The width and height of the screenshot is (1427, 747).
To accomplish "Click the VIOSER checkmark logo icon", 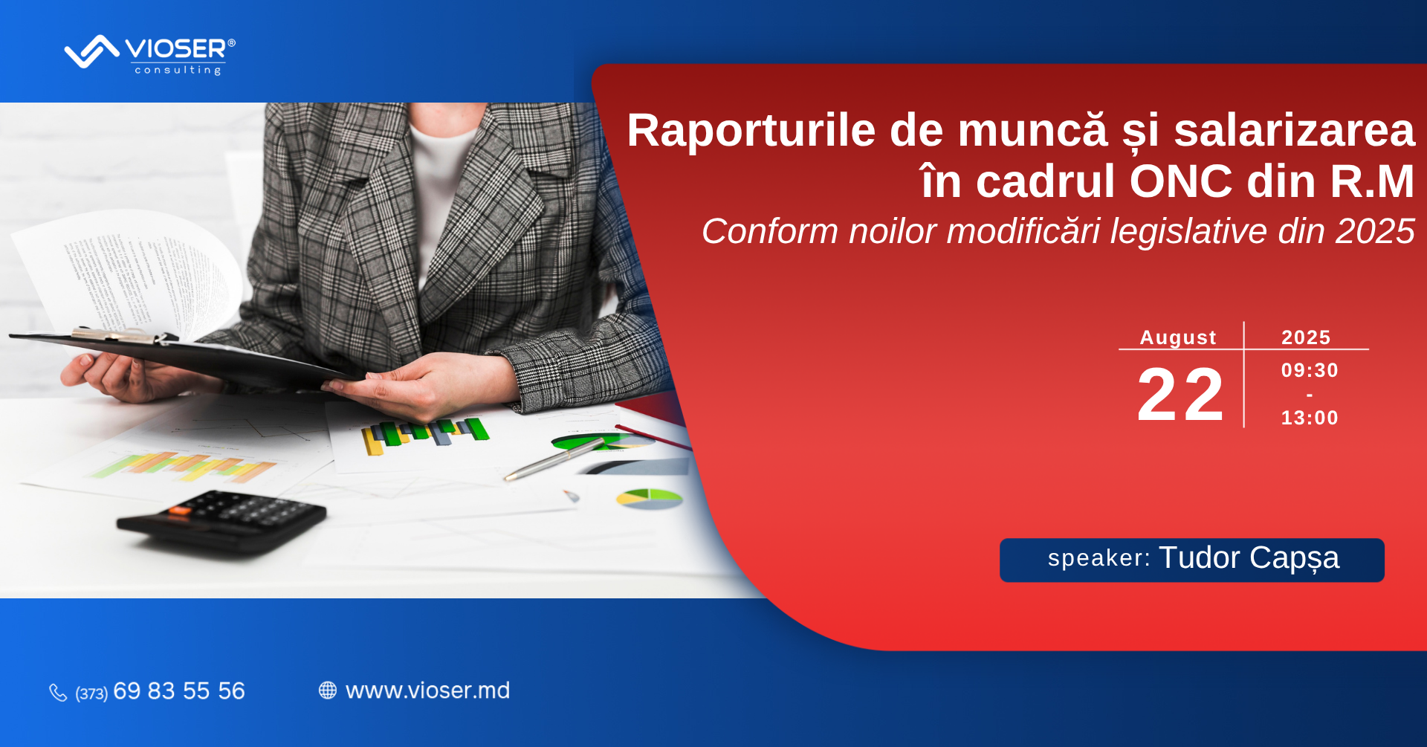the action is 92,51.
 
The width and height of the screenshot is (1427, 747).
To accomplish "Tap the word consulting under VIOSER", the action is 178,70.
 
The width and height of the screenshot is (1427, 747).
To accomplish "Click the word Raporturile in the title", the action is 751,131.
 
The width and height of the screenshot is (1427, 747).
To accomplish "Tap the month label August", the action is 1178,337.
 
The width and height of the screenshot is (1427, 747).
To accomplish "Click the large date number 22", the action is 1180,394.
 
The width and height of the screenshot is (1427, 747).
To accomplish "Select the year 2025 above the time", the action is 1306,337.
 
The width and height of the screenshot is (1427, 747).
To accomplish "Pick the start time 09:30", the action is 1310,370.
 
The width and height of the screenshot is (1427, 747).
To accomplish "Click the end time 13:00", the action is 1310,418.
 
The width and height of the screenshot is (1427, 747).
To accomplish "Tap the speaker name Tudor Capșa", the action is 1249,558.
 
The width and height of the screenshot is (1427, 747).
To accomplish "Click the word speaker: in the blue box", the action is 1099,558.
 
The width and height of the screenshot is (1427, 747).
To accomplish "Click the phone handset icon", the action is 58,692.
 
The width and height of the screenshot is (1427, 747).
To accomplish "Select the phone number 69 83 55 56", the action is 179,691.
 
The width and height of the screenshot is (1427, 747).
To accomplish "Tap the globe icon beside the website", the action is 328,691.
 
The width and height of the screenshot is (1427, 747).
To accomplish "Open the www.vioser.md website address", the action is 428,691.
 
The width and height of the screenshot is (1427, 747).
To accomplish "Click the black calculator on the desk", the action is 221,521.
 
